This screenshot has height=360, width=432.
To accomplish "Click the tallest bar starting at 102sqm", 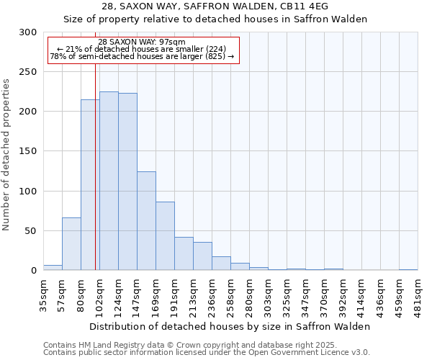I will tap(109, 181).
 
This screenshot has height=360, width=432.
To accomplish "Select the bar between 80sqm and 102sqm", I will tap(90, 185).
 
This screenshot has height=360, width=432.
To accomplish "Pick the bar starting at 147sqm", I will tap(146, 221).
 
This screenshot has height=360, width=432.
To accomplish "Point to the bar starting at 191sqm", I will tap(184, 253).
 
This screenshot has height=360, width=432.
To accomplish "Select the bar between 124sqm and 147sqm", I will tap(127, 181).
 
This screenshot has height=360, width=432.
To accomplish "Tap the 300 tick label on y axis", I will tap(28, 32).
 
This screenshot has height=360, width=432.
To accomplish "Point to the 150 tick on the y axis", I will tap(28, 151).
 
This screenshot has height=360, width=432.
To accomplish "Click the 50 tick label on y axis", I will tap(31, 231).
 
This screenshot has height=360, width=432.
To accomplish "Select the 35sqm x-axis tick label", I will tap(44, 292).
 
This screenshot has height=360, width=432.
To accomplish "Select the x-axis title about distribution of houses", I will tap(230, 326).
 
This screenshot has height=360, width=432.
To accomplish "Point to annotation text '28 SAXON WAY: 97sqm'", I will tap(142, 42).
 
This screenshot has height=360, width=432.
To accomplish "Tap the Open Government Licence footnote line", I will tap(207, 353).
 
